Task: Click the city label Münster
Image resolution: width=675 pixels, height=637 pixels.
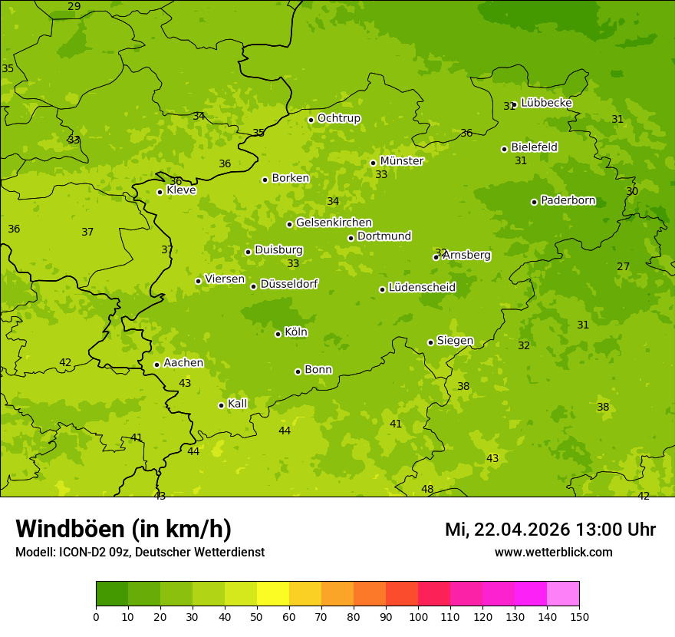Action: (401, 161)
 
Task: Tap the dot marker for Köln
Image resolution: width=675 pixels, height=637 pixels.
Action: (278, 334)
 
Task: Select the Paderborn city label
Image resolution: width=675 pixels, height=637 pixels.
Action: (568, 200)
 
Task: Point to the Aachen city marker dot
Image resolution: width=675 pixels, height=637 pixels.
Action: (156, 365)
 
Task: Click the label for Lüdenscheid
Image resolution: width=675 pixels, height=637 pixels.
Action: (422, 288)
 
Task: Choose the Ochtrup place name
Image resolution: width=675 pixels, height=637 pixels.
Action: (338, 118)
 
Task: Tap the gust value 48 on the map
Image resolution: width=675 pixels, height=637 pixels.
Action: (427, 489)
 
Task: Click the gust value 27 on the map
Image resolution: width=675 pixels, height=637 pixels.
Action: (623, 266)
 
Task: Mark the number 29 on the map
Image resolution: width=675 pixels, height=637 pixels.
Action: (74, 6)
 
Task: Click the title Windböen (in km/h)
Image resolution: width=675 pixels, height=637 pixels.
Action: (123, 529)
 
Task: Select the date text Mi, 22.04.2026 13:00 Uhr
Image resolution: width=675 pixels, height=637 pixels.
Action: (550, 530)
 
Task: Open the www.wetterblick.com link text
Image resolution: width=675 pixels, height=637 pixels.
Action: (553, 552)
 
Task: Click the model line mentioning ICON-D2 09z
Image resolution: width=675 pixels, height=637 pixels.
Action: (140, 552)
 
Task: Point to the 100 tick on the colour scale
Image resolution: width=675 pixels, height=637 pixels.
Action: (418, 616)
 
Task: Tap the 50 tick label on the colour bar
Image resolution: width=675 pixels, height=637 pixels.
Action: (257, 616)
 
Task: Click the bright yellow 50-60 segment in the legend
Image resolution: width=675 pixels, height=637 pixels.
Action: (273, 594)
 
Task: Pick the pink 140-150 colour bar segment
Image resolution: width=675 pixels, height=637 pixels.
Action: (563, 594)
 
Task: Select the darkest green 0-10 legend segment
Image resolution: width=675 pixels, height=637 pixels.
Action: (112, 594)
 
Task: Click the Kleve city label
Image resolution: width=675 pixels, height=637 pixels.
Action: (181, 190)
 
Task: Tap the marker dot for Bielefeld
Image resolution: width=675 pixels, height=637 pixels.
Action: (504, 149)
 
